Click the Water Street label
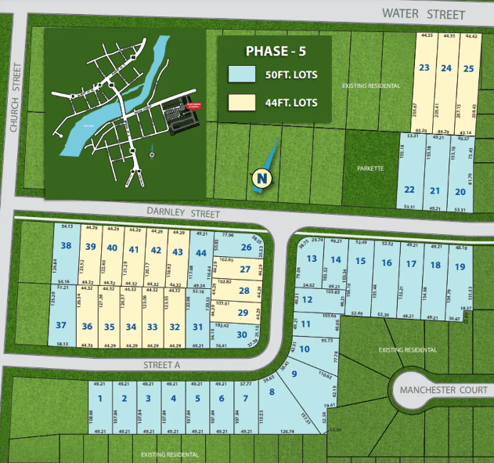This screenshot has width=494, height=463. pyautogui.click(x=424, y=14)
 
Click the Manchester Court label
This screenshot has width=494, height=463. pyautogui.click(x=443, y=390)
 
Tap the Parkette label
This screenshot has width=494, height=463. pyautogui.click(x=370, y=168)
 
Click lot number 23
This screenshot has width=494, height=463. pyautogui.click(x=424, y=68)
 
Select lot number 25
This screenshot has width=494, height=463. pyautogui.click(x=469, y=68)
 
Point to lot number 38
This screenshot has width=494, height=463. pyautogui.click(x=67, y=245)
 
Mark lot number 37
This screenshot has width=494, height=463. pyautogui.click(x=61, y=325)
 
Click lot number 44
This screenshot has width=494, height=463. pyautogui.click(x=200, y=252)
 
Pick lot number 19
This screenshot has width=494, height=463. pyautogui.click(x=460, y=266)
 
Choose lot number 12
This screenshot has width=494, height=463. pyautogui.click(x=308, y=299)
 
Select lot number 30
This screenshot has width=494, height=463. pyautogui.click(x=242, y=334)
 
